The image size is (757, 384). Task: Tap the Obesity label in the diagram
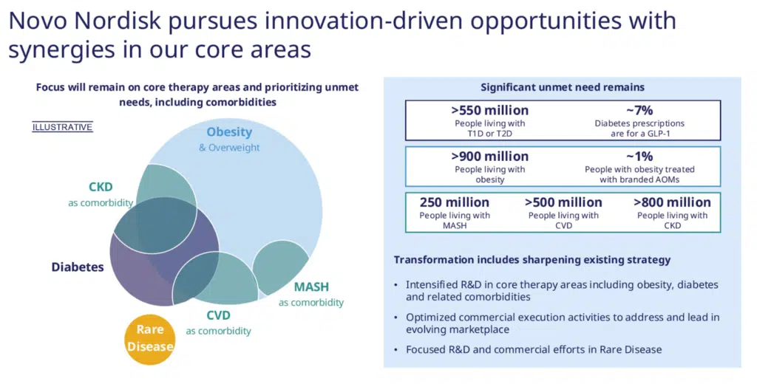tap(229, 132)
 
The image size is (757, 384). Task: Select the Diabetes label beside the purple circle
tap(78, 267)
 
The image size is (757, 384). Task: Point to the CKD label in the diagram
tap(101, 187)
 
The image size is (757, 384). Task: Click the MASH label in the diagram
tap(311, 287)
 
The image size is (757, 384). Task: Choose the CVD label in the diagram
tap(218, 315)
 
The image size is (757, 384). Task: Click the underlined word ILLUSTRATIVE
tap(62, 127)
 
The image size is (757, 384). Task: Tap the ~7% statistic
tap(639, 110)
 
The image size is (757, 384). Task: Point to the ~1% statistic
tap(639, 156)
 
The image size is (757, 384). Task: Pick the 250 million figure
tap(454, 202)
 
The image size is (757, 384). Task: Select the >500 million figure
tap(563, 202)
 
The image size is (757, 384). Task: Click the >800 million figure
tap(672, 202)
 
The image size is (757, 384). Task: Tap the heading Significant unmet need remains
tap(563, 87)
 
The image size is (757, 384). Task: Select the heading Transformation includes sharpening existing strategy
tap(532, 260)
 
